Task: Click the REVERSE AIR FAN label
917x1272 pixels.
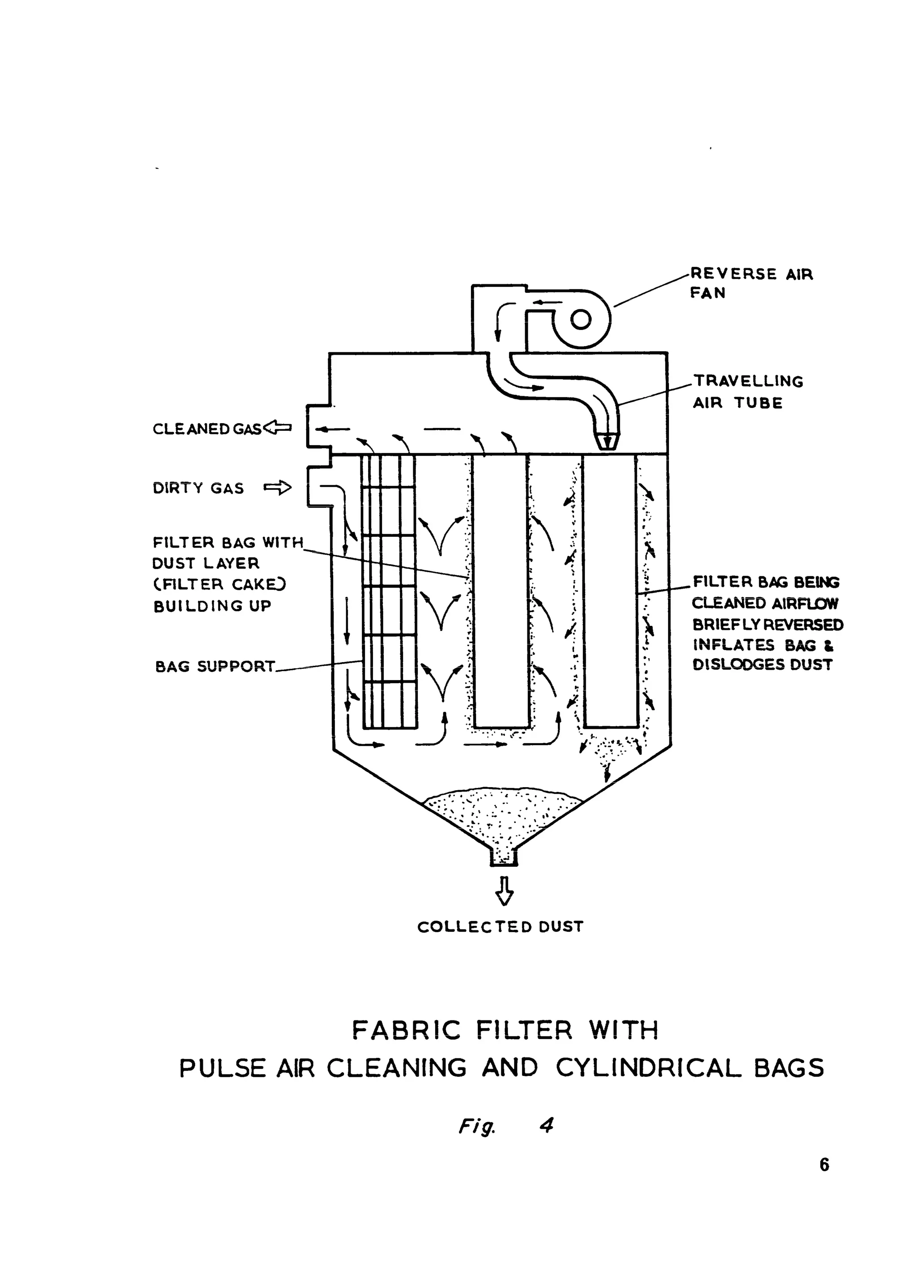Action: tap(750, 283)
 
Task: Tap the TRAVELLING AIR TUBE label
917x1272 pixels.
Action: tap(748, 391)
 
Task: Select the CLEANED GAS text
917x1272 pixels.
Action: tap(206, 429)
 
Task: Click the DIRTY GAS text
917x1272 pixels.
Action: tap(198, 488)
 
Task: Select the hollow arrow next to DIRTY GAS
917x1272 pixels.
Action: tap(278, 488)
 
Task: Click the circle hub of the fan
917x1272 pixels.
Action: tap(580, 319)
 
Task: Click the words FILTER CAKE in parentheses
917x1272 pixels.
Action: tap(220, 584)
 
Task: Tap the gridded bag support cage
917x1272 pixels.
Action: tap(389, 592)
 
